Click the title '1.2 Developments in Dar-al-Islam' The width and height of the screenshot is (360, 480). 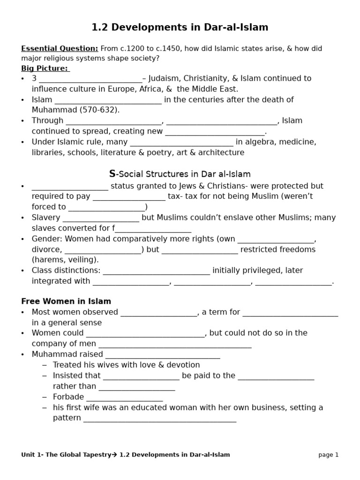click(x=180, y=28)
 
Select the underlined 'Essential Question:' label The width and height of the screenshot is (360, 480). click(x=60, y=48)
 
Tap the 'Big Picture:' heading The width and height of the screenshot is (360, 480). click(x=45, y=68)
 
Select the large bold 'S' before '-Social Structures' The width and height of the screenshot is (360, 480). click(x=112, y=174)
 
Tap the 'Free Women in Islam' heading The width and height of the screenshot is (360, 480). click(x=66, y=301)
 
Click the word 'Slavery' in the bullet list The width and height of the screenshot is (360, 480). click(x=46, y=218)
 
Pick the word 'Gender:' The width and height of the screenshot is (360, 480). click(x=47, y=239)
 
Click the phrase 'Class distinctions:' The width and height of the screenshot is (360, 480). click(x=66, y=270)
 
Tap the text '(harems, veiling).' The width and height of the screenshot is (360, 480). click(x=65, y=260)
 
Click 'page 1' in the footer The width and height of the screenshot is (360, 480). click(x=328, y=455)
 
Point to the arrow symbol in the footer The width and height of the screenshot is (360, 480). click(x=115, y=455)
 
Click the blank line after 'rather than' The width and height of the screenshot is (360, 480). click(x=136, y=388)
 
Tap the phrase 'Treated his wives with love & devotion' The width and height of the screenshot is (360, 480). click(x=126, y=365)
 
